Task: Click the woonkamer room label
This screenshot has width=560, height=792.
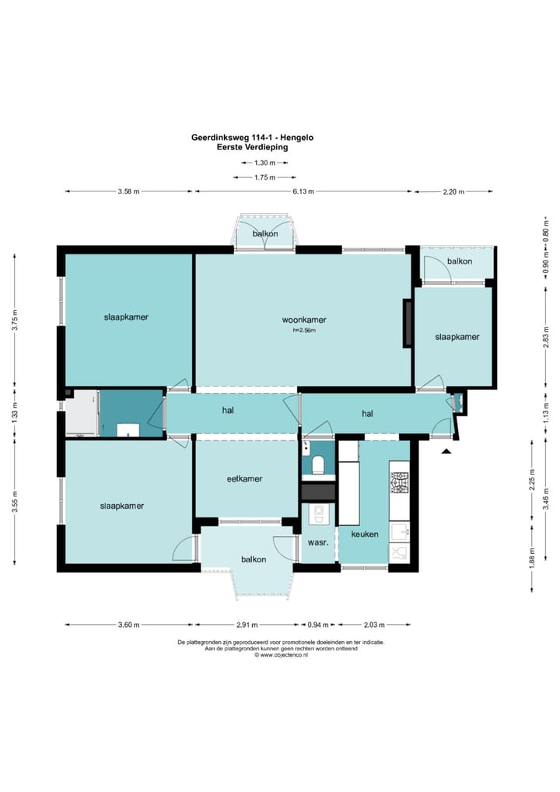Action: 304,320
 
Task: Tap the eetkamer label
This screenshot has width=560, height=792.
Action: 244,478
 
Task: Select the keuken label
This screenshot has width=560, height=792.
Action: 365,534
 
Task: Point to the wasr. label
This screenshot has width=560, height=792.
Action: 318,542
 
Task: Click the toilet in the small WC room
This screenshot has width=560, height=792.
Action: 318,464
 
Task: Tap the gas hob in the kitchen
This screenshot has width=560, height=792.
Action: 400,482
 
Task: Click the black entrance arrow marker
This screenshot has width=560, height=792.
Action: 446,451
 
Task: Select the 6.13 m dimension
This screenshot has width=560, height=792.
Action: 304,191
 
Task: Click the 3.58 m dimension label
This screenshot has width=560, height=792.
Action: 129,191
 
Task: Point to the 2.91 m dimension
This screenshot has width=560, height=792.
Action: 247,625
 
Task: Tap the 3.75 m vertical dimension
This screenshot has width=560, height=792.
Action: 16,320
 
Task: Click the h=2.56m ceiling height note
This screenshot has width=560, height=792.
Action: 304,331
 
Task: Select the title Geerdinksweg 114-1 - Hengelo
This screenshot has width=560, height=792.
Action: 253,138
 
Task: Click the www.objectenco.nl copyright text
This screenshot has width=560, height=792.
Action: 281,655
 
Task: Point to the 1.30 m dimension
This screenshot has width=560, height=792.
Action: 264,163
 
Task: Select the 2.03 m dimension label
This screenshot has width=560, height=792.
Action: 374,625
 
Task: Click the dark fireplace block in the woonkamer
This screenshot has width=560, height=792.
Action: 407,324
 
